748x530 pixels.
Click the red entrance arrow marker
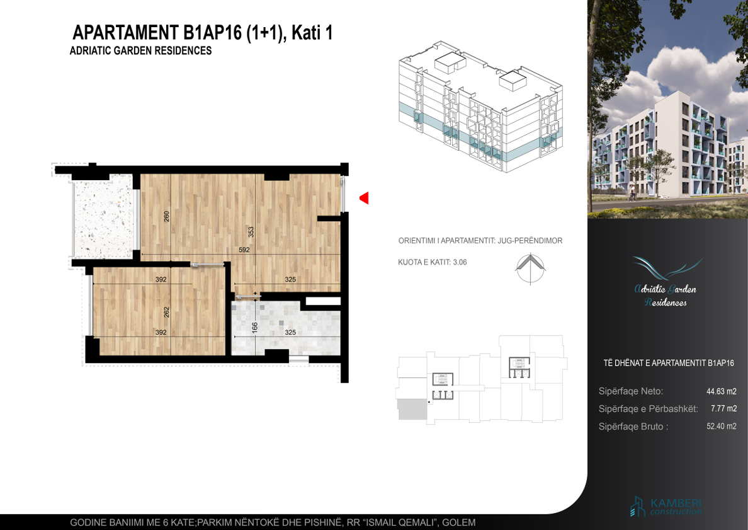click(x=365, y=198)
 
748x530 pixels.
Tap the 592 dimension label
click(x=244, y=250)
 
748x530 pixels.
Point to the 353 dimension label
click(x=251, y=232)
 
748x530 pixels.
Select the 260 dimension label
click(x=166, y=216)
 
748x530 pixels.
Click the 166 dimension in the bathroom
click(x=255, y=328)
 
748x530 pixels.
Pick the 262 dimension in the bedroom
click(x=166, y=313)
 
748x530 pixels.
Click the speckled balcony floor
click(x=103, y=217)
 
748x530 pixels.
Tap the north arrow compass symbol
click(x=531, y=269)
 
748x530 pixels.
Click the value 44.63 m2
click(x=722, y=391)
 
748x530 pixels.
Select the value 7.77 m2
click(x=723, y=409)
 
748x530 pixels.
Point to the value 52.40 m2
click(x=722, y=427)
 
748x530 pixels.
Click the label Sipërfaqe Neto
click(x=631, y=391)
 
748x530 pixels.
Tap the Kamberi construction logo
click(x=666, y=507)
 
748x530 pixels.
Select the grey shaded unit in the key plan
click(x=412, y=410)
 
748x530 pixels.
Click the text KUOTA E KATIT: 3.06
click(x=432, y=262)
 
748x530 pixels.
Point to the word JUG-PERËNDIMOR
click(x=530, y=241)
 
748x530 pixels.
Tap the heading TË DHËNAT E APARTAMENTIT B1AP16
click(x=668, y=363)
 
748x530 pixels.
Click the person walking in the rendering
click(x=632, y=192)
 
